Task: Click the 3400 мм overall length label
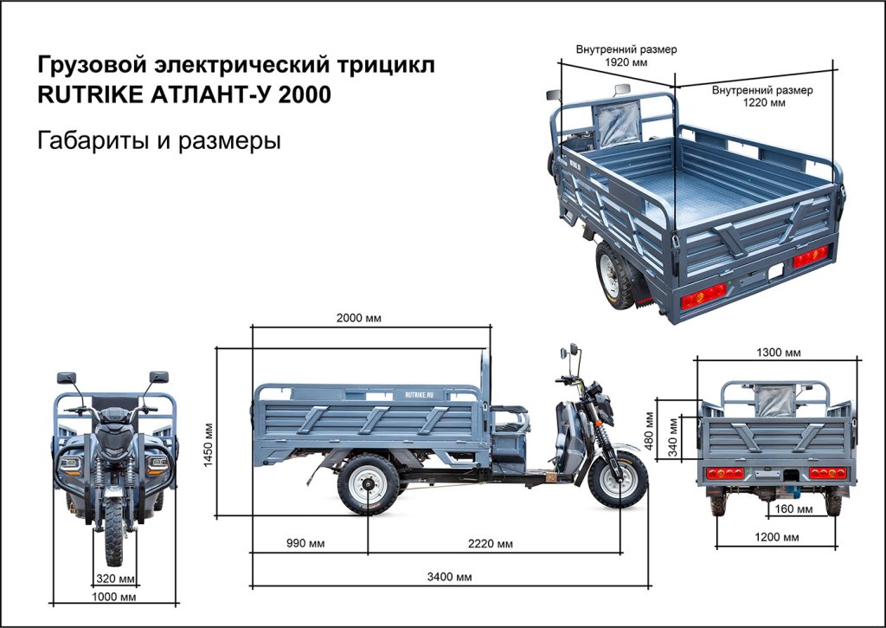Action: [x=452, y=577]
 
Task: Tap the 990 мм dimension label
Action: [x=305, y=544]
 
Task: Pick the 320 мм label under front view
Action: [x=114, y=579]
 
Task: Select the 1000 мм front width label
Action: [x=114, y=597]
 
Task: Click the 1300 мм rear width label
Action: [x=778, y=353]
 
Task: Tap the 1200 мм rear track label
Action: [x=778, y=538]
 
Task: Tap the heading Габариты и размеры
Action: [x=159, y=140]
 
